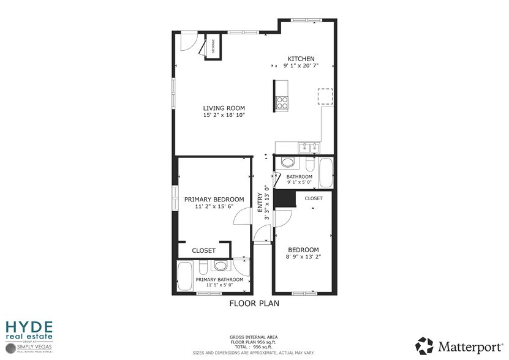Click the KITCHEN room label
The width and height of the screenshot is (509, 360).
pos(301,59)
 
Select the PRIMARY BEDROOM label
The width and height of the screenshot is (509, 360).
pos(214,200)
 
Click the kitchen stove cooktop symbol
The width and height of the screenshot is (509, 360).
pos(282,102)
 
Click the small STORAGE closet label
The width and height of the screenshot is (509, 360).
pos(213,47)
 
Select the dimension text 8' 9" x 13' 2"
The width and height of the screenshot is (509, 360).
pos(303,257)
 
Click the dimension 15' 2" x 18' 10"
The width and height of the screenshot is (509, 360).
pos(224,115)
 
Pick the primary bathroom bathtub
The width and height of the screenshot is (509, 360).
pos(185,276)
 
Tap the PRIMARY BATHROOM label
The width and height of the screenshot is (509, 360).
pos(219,280)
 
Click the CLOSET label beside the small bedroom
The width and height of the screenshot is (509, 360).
pos(314,198)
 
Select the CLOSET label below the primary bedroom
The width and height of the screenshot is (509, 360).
pos(204,250)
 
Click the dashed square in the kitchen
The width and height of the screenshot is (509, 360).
pos(325,97)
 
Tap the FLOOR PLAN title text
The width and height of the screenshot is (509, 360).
pos(254,304)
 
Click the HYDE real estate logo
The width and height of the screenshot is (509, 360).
pos(29,329)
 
